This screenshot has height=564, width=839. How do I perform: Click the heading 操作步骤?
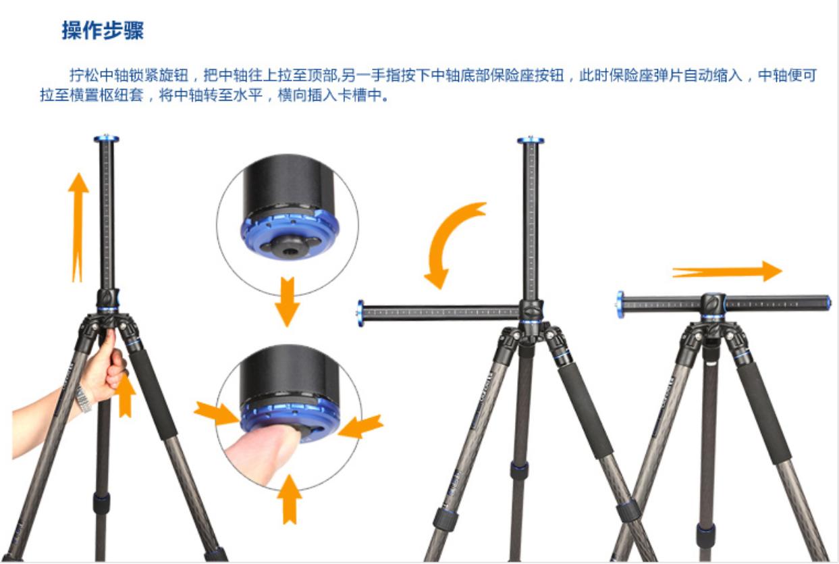103,31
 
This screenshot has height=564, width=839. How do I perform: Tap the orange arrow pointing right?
728,272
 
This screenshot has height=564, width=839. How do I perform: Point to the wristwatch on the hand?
82,398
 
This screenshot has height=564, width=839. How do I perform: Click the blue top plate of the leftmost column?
106,139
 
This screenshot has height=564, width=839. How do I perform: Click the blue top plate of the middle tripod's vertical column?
531,140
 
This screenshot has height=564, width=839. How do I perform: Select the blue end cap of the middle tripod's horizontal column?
360,313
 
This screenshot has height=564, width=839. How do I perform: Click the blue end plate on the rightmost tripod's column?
620,305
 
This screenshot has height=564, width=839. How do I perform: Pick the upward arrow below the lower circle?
290,498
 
